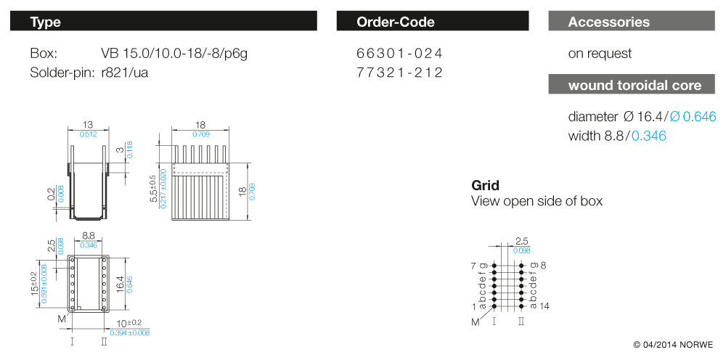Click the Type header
coord(45,22)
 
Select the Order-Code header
coord(395,22)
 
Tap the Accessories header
coord(608,22)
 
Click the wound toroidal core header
coord(635,85)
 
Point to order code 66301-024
coord(399,54)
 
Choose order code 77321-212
coord(399,73)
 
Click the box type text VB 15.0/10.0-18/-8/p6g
coord(179,54)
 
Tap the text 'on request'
coord(600,54)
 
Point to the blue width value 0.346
coord(648,136)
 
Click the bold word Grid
coord(485,186)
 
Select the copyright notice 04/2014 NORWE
coord(673,344)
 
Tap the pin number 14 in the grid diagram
coord(544,306)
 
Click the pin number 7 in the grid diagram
coord(473,266)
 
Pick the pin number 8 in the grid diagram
coord(543,266)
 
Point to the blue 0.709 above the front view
coord(201,134)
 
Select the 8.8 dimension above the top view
coord(89,236)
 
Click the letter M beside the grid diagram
coord(476,322)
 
